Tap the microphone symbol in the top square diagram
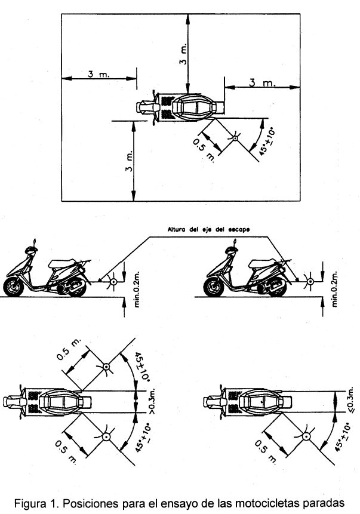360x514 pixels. (x=236, y=139)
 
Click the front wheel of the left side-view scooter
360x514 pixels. (x=14, y=287)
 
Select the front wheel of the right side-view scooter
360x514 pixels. (x=213, y=287)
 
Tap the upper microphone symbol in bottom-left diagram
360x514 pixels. (x=106, y=367)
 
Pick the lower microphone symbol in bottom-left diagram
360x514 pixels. (x=106, y=438)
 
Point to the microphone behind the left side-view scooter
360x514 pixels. (x=109, y=280)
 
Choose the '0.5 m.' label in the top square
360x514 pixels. (x=205, y=149)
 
